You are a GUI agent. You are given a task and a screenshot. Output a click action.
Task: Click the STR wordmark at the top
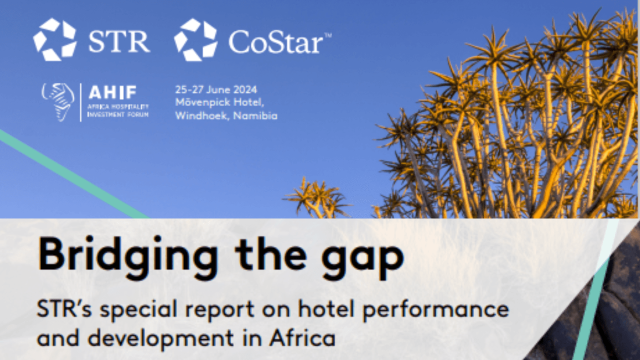(x=119, y=41)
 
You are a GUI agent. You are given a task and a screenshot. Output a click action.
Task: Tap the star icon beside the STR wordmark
(x=55, y=39)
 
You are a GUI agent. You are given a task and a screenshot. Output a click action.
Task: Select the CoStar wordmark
(x=275, y=42)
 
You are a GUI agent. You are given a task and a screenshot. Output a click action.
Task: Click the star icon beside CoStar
(x=195, y=39)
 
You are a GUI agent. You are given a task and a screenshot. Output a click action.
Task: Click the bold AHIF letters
(x=112, y=92)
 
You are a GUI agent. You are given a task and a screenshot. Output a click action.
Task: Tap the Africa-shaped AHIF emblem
(x=58, y=102)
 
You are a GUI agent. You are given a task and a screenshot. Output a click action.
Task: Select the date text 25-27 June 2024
(x=216, y=89)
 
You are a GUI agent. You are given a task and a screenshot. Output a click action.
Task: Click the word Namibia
(x=255, y=115)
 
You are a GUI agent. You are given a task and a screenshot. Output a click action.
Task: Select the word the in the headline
(x=270, y=253)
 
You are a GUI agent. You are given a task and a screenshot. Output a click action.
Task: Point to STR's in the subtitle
(x=64, y=309)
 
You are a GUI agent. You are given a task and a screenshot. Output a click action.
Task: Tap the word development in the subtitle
(x=161, y=339)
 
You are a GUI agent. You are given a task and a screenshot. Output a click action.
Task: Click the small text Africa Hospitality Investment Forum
(x=117, y=110)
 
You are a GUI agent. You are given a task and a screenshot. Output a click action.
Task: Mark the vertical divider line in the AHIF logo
(x=81, y=102)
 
